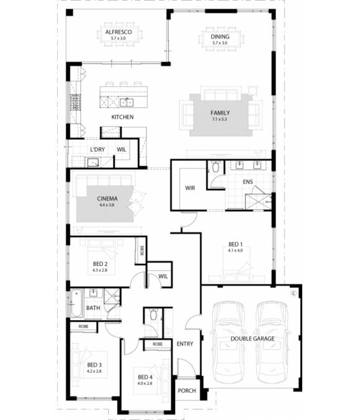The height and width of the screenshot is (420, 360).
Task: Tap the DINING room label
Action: click(x=220, y=37)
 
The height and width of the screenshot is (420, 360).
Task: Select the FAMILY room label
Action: click(x=220, y=112)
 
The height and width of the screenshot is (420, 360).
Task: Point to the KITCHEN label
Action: click(x=122, y=117)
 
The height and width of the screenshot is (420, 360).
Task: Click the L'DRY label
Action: click(x=97, y=150)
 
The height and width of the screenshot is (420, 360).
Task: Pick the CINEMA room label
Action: click(x=106, y=199)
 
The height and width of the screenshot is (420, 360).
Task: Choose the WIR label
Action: click(x=190, y=188)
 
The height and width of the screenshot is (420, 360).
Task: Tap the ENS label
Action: click(x=248, y=182)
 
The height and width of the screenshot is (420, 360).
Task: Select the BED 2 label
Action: click(x=100, y=264)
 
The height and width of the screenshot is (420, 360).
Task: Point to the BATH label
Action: click(x=93, y=308)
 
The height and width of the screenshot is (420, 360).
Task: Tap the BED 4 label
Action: click(x=145, y=377)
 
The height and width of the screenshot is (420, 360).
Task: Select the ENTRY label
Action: click(x=184, y=344)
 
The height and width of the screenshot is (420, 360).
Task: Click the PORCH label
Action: click(x=186, y=391)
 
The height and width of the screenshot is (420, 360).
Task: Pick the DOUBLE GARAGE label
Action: click(x=253, y=339)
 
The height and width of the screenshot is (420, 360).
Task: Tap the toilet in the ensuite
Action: click(x=215, y=167)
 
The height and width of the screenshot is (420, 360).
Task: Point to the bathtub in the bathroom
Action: click(x=76, y=304)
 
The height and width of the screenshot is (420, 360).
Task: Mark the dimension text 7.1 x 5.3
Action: click(x=220, y=119)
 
